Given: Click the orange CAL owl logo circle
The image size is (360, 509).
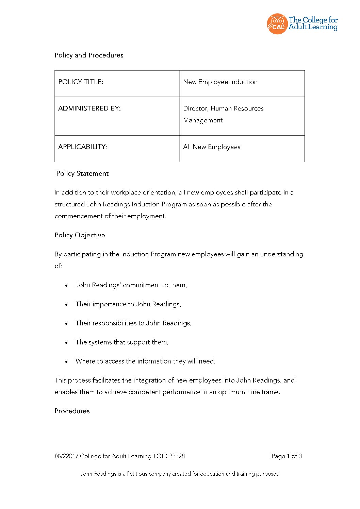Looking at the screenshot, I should click(277, 24).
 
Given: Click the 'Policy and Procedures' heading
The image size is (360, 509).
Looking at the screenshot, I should click(89, 55).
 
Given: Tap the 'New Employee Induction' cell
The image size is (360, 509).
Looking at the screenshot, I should click(220, 82).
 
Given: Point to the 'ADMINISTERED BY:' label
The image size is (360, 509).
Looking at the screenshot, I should click(89, 108).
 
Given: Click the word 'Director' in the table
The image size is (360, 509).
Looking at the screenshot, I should click(195, 108).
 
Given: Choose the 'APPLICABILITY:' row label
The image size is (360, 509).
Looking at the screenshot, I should click(82, 147).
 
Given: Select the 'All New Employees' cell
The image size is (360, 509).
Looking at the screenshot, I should click(212, 147).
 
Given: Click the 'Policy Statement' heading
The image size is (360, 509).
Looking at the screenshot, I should click(82, 173).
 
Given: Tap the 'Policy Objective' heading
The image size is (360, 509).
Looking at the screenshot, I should click(80, 235).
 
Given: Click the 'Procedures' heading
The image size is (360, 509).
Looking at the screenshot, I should click(72, 411).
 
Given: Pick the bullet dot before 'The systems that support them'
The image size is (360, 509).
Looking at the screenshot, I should click(66, 343).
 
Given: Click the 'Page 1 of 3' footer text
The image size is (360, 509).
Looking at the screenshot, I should click(287, 456).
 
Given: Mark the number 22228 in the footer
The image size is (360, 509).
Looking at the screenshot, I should click(177, 456).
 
